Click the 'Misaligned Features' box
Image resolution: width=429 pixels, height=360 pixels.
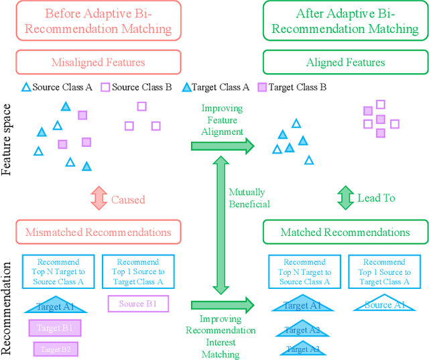tap(98, 62)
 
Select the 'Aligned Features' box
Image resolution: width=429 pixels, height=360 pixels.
tap(345, 62)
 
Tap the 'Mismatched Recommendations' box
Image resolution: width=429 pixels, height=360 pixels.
tap(98, 233)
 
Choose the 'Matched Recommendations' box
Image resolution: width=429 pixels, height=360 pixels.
tap(345, 233)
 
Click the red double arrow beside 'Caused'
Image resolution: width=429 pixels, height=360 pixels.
tap(99, 199)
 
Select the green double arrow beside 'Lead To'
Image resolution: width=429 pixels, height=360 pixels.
tap(346, 198)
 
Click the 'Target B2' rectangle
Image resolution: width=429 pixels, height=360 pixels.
tap(56, 349)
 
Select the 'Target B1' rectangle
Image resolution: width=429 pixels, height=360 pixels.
tap(54, 328)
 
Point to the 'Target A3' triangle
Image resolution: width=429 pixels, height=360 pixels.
tap(302, 348)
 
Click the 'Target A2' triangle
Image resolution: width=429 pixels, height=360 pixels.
tap(302, 329)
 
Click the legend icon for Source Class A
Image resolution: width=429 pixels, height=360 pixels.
tap(25, 87)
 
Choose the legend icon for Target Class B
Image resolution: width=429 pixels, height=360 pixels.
tap(263, 87)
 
